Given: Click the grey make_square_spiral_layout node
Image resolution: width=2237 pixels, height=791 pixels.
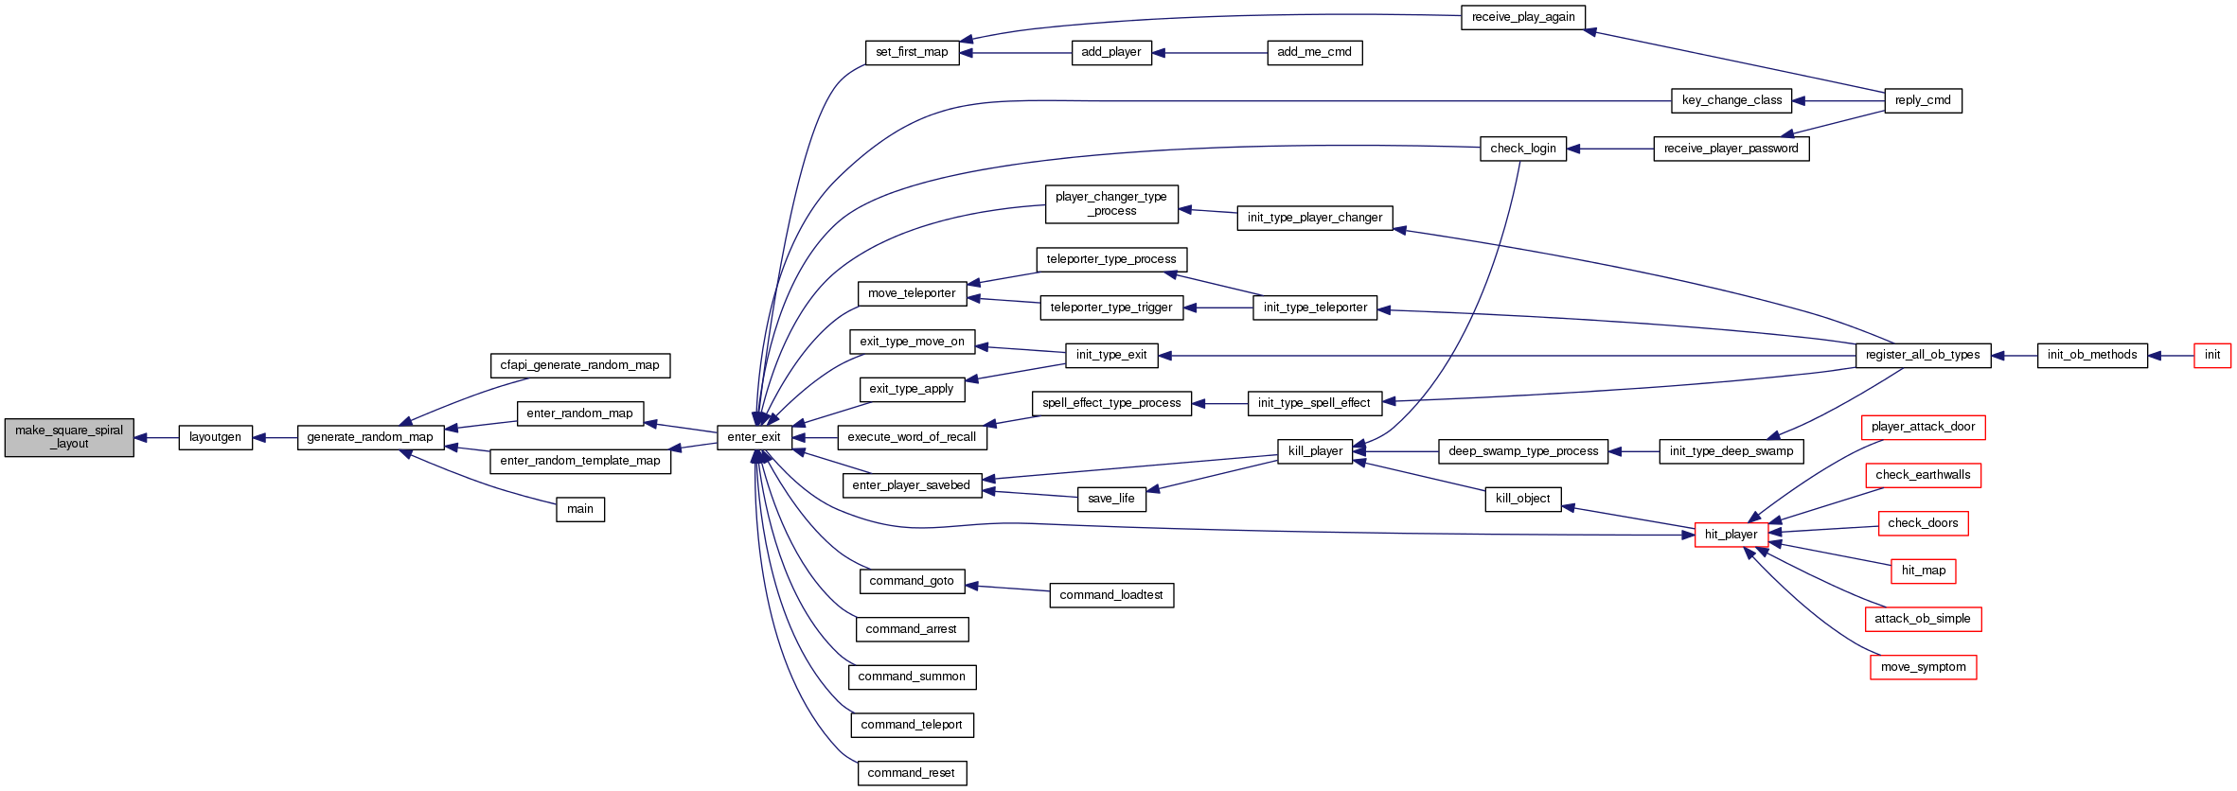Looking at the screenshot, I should [69, 437].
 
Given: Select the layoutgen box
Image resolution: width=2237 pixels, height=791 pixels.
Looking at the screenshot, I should [216, 437].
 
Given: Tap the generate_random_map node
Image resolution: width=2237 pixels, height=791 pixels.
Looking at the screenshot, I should [370, 437].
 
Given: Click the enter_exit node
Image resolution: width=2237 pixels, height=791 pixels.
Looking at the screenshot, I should [754, 437].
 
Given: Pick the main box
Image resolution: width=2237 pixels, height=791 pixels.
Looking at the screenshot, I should [580, 509].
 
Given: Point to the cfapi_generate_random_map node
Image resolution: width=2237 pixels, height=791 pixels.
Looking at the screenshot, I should [579, 365].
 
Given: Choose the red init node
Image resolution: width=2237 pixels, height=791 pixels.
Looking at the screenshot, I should [2211, 355].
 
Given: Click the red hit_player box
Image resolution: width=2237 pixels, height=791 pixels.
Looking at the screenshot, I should [1731, 535].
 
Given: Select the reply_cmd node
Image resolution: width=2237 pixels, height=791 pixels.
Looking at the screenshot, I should [1923, 100].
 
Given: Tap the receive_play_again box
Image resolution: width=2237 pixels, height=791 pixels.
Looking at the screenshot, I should [1522, 17].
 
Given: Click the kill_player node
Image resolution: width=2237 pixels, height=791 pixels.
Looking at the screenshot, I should [1315, 451].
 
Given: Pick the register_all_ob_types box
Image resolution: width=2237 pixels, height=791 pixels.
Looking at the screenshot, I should [1922, 355].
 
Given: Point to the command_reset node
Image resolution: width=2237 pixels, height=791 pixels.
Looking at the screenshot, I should [911, 773].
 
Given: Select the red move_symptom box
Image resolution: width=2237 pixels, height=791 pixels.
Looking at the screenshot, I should [1923, 667].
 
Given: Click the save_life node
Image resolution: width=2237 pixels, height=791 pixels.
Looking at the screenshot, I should [1111, 499].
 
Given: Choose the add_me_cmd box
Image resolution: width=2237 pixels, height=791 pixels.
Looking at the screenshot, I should [1314, 52].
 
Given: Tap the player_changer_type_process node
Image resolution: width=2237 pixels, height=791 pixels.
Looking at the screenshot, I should [1111, 203].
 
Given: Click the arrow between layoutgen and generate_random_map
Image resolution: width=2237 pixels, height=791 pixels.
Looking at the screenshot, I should [275, 438].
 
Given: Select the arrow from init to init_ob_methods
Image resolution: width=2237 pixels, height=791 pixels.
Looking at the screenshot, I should [2171, 356].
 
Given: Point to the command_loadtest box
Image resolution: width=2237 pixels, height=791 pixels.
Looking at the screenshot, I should [1111, 595].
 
